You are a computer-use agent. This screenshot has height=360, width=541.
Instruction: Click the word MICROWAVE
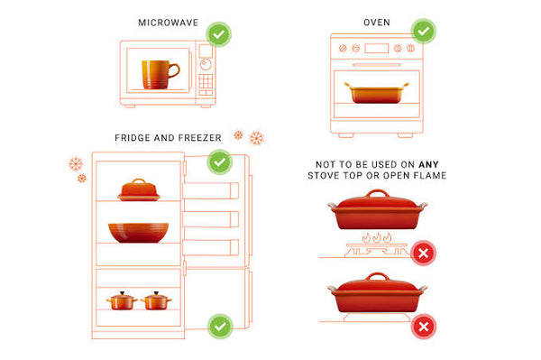click(169, 23)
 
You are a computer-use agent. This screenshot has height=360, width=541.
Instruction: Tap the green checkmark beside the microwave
click(218, 34)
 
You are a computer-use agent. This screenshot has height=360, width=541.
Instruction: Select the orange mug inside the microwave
click(160, 75)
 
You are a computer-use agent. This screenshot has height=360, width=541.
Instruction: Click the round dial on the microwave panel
click(206, 65)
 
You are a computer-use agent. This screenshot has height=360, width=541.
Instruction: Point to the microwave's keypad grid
click(206, 81)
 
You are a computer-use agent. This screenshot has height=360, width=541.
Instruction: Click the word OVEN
click(377, 23)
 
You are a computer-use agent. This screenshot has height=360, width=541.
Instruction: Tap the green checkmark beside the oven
click(424, 31)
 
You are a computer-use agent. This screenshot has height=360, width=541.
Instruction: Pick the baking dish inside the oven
click(376, 93)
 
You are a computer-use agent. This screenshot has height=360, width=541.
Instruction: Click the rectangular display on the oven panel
click(376, 49)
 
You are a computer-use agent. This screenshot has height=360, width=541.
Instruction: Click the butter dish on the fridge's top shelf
click(139, 189)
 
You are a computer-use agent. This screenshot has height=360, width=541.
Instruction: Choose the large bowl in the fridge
click(138, 233)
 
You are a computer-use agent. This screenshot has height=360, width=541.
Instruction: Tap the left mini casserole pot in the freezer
click(122, 300)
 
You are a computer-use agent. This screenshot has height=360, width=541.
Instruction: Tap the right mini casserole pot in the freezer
click(156, 300)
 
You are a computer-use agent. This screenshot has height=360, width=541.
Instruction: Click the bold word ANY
click(428, 164)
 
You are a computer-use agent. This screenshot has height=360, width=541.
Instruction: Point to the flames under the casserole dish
click(377, 238)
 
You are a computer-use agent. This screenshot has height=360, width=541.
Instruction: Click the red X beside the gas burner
click(424, 253)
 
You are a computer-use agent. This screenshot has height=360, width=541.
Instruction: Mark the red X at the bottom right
click(424, 327)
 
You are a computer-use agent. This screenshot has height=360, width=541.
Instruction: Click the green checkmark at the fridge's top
click(220, 162)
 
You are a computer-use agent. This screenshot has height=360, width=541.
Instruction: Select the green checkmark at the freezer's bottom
click(220, 327)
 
